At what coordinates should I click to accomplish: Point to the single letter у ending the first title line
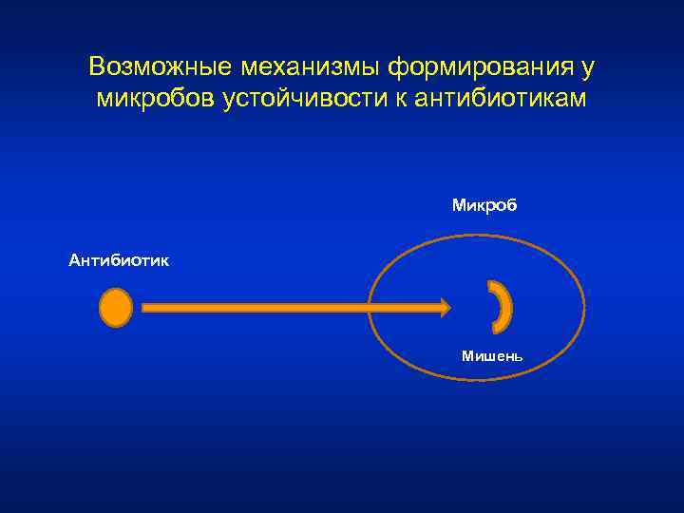pos(589,69)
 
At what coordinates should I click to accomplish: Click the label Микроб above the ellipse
pos(484,205)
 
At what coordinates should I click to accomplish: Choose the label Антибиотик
pos(120,259)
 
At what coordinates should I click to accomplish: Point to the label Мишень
pos(491,356)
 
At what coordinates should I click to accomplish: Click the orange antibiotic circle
pos(116,308)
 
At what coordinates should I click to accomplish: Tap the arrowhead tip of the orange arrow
pos(449,307)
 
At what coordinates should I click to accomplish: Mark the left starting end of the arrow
pos(143,307)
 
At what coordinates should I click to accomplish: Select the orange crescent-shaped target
pos(503,307)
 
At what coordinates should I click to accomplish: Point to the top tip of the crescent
pos(490,284)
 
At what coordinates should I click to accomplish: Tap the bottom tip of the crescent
pos(495,331)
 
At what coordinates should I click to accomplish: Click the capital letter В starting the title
pos(96,67)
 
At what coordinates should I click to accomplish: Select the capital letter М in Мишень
pos(466,356)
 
